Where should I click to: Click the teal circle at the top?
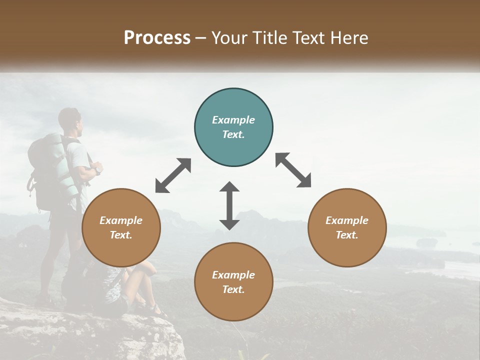pyautogui.click(x=233, y=127)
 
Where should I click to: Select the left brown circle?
pyautogui.click(x=121, y=228)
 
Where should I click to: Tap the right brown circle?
pyautogui.click(x=347, y=228)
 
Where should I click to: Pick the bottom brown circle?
pyautogui.click(x=233, y=282)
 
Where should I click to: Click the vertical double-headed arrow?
pyautogui.click(x=229, y=205)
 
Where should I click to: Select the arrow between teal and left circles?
pyautogui.click(x=173, y=175)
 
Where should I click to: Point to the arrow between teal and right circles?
pyautogui.click(x=293, y=170)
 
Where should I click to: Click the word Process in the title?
pyautogui.click(x=157, y=37)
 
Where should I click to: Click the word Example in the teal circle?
pyautogui.click(x=233, y=120)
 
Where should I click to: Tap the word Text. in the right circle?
pyautogui.click(x=347, y=235)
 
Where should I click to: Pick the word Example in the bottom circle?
pyautogui.click(x=233, y=275)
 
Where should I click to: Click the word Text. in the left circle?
pyautogui.click(x=121, y=235)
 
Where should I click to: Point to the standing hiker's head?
pyautogui.click(x=69, y=119)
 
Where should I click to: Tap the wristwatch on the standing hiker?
pyautogui.click(x=98, y=170)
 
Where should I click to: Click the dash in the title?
pyautogui.click(x=200, y=38)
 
